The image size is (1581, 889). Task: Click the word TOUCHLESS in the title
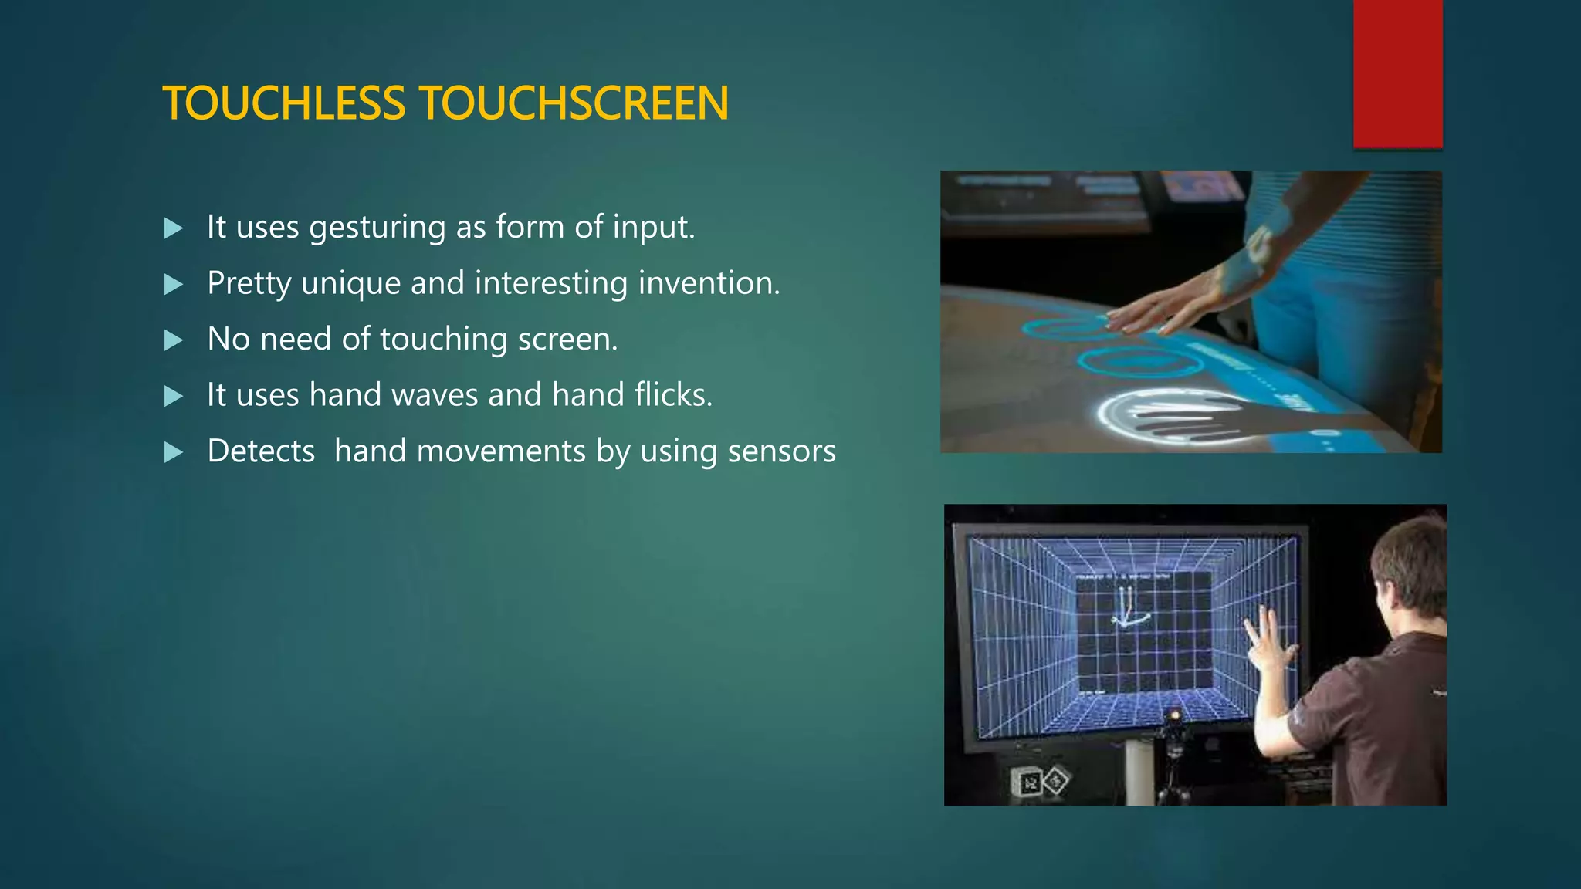(283, 103)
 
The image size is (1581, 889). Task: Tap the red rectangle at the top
(1397, 73)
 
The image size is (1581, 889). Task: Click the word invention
(709, 283)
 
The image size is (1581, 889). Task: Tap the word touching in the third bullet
(443, 340)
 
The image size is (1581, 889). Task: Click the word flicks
(673, 395)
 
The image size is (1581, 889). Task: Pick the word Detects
(261, 451)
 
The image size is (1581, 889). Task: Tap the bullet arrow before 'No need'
(174, 340)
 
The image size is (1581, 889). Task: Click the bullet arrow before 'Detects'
(174, 452)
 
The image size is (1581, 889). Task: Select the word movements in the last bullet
(501, 451)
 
